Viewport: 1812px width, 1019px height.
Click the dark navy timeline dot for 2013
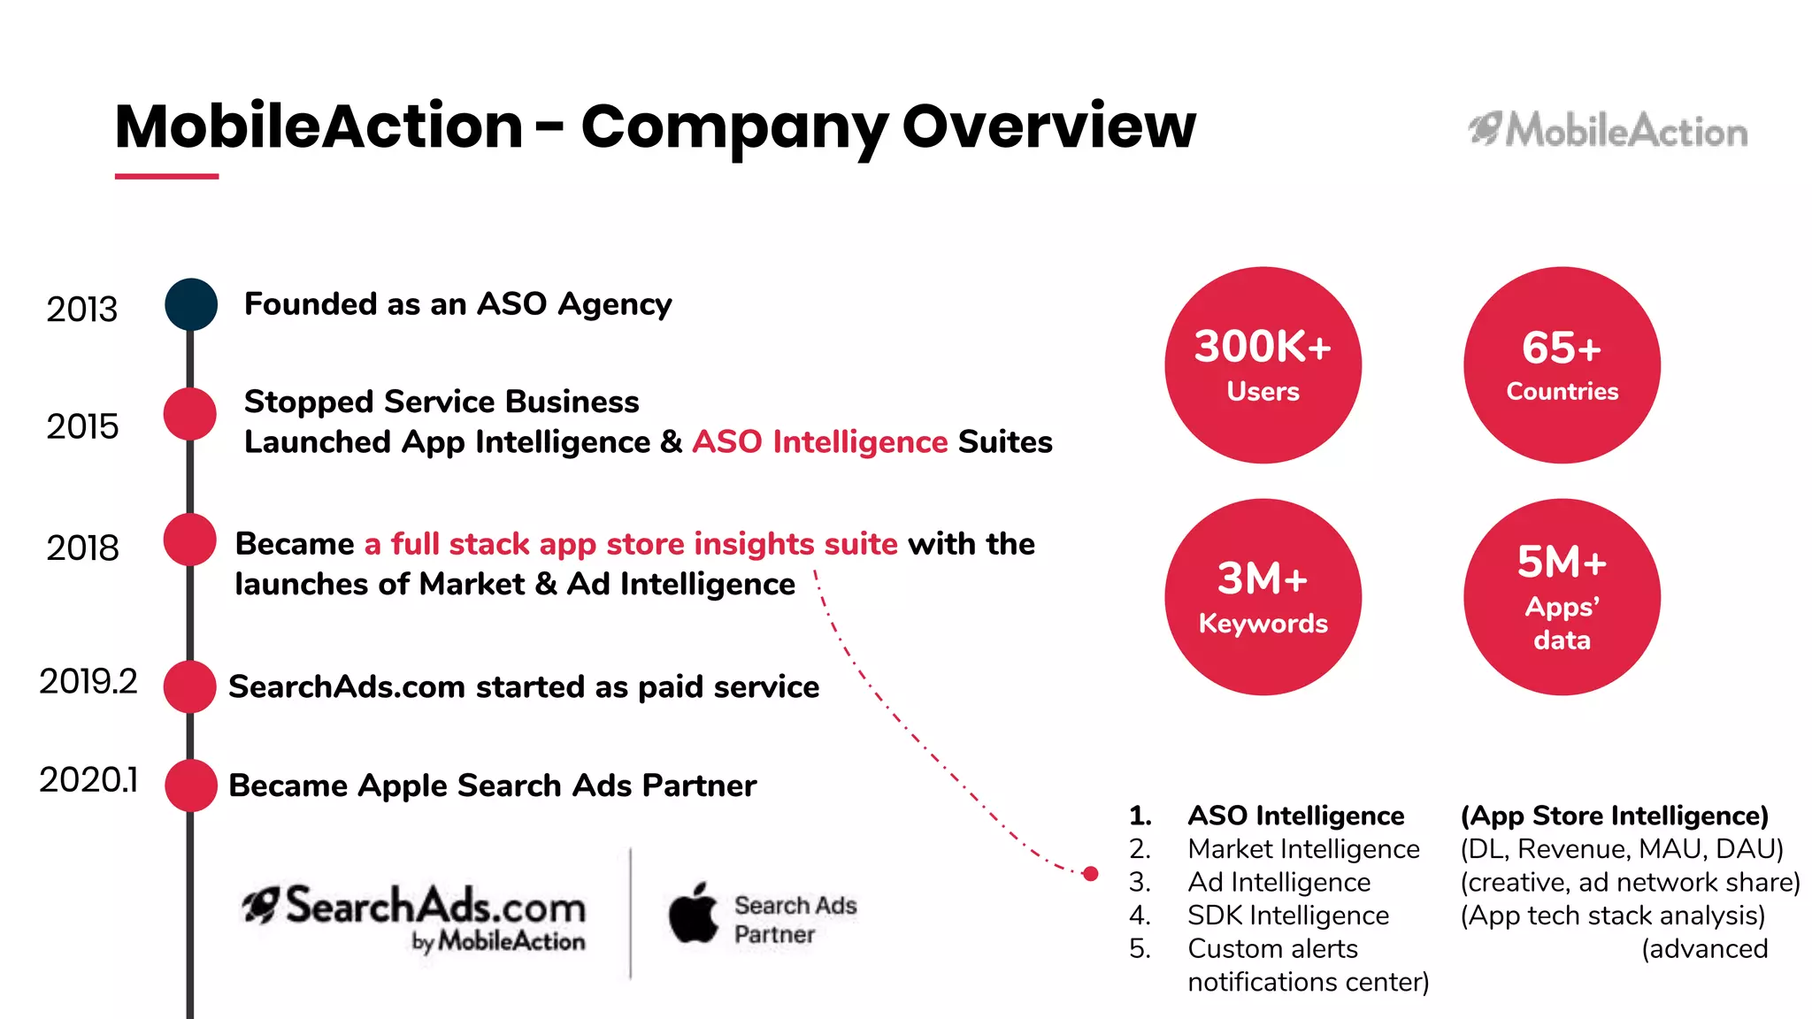(x=191, y=304)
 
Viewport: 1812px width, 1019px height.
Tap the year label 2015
(x=82, y=426)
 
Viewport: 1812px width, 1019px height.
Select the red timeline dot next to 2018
(x=190, y=540)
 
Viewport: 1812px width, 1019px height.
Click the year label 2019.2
(x=88, y=681)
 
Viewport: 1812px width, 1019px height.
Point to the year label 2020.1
(x=88, y=779)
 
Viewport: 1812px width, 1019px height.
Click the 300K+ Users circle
(x=1263, y=364)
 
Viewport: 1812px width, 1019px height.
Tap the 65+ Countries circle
(x=1562, y=364)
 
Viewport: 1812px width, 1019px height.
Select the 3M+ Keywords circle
(x=1263, y=597)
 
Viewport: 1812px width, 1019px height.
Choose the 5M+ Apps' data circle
(x=1562, y=597)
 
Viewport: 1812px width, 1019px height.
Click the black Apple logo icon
(x=694, y=913)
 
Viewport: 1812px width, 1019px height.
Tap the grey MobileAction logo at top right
(x=1608, y=131)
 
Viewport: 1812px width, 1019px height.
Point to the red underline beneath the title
(x=166, y=176)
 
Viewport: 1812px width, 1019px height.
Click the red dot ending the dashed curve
(x=1091, y=873)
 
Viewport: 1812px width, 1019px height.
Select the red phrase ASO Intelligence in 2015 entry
(x=819, y=441)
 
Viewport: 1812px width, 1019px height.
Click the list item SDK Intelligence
(x=1287, y=915)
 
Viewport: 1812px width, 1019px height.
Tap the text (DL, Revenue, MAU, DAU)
(x=1621, y=848)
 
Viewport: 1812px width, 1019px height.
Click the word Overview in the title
(x=1048, y=126)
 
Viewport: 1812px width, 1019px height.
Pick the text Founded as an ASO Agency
(x=457, y=304)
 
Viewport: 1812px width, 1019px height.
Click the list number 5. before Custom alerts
(x=1140, y=948)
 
